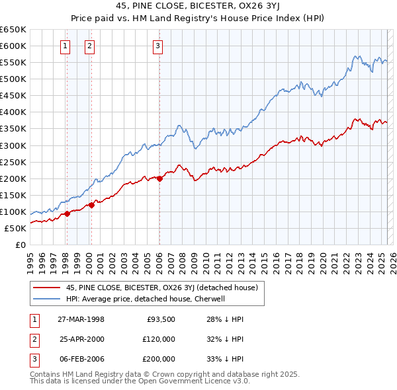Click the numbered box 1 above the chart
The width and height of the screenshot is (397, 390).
pyautogui.click(x=66, y=46)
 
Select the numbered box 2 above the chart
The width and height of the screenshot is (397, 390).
pyautogui.click(x=89, y=46)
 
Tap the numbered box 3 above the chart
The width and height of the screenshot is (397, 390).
pyautogui.click(x=159, y=46)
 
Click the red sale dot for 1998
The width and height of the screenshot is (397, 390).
pyautogui.click(x=67, y=214)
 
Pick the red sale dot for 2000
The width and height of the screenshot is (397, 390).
pyautogui.click(x=91, y=205)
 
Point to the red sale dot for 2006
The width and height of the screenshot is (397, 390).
pyautogui.click(x=159, y=178)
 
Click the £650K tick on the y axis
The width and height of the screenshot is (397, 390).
pyautogui.click(x=13, y=30)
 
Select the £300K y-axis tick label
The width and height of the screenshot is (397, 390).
pyautogui.click(x=13, y=145)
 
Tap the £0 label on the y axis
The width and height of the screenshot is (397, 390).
pyautogui.click(x=20, y=245)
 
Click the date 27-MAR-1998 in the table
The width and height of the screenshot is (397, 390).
pyautogui.click(x=81, y=319)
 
